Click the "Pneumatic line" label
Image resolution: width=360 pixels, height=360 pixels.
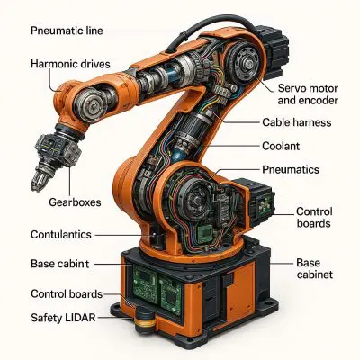(x=67, y=31)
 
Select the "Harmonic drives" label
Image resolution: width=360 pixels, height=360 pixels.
(x=70, y=64)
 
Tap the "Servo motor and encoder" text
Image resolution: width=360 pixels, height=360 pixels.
(x=308, y=94)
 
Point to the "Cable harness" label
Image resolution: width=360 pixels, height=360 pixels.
(x=297, y=122)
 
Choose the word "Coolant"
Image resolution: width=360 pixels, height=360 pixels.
(x=281, y=146)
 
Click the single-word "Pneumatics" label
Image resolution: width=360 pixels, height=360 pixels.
(x=291, y=169)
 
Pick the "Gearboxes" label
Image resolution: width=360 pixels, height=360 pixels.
(x=75, y=202)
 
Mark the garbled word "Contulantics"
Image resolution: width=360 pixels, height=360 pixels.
(x=61, y=234)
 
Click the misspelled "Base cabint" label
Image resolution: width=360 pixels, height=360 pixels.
(x=60, y=264)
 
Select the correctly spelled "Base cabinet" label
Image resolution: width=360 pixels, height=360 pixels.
(x=315, y=268)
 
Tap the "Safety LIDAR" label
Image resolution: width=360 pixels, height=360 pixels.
(x=63, y=318)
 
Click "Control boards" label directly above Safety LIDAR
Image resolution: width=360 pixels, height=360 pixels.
(x=67, y=293)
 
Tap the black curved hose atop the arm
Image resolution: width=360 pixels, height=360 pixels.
(x=210, y=25)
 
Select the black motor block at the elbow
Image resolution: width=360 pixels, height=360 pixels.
(x=273, y=51)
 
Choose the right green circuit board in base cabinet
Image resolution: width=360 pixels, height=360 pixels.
(x=170, y=293)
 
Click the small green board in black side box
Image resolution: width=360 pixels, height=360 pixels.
(x=265, y=206)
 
